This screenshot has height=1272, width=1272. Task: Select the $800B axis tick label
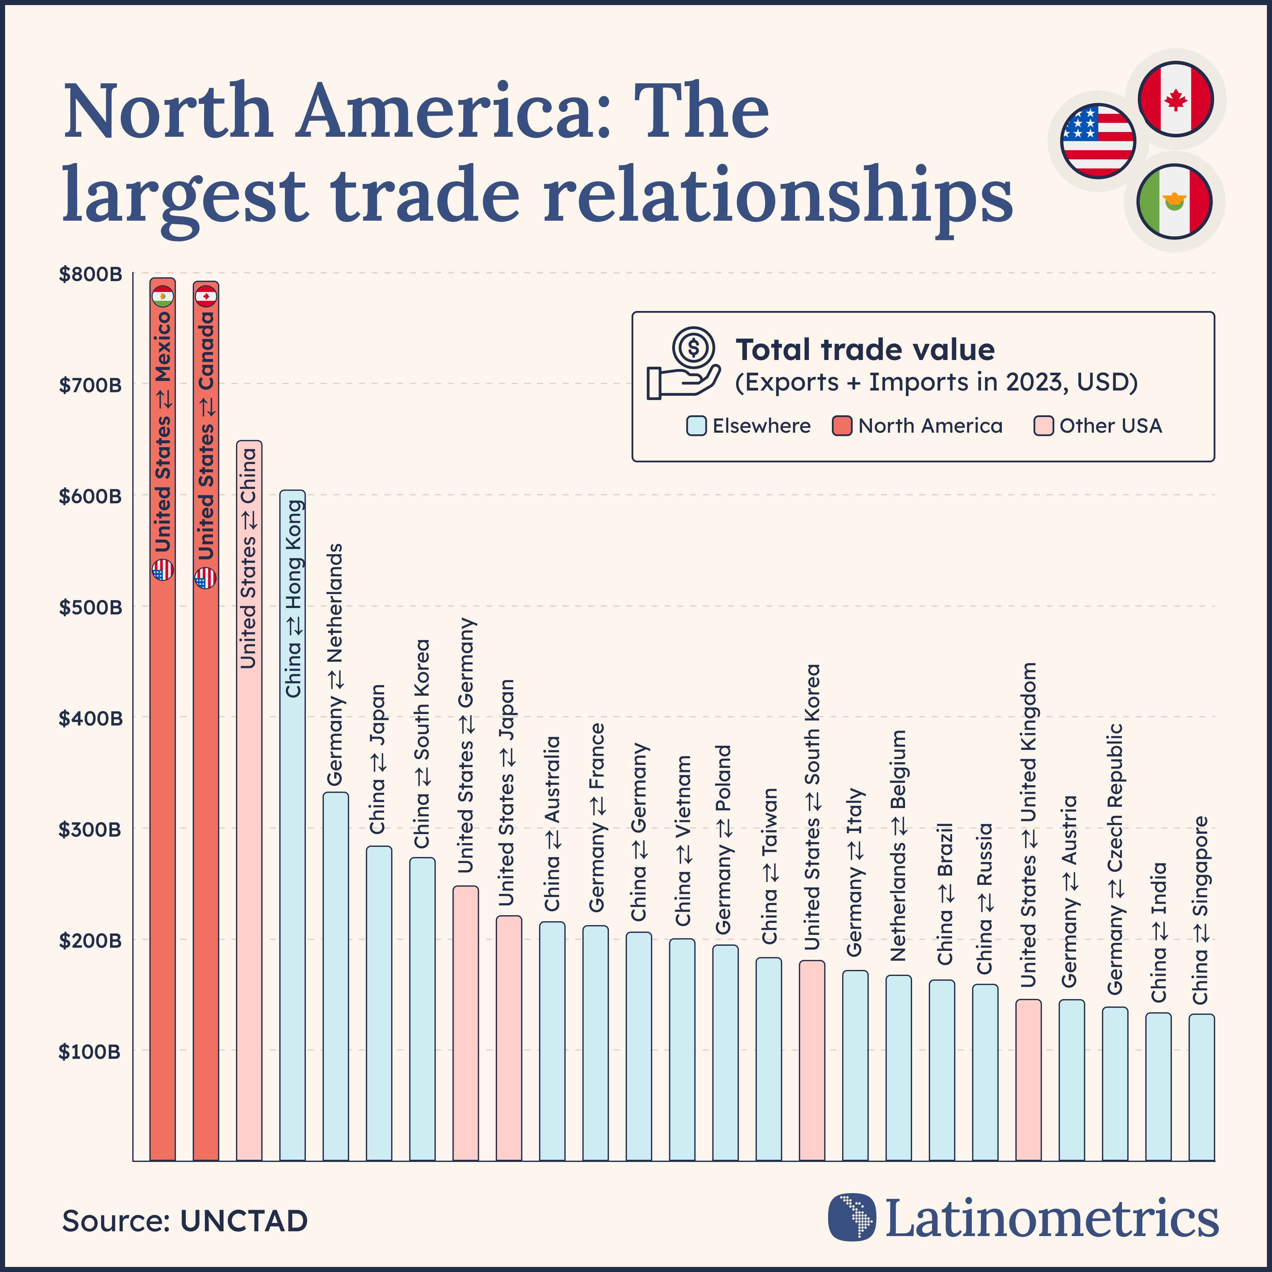point(90,274)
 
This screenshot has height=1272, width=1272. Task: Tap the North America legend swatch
point(842,426)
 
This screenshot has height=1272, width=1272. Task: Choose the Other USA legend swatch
point(1044,426)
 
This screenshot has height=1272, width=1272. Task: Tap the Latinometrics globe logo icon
point(852,1217)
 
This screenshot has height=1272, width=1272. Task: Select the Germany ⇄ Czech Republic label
point(1115,859)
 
